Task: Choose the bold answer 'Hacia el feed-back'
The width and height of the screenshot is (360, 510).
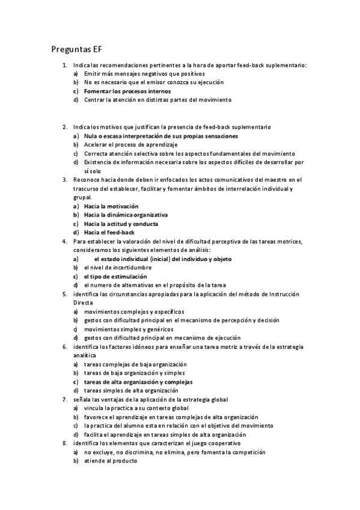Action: point(109,232)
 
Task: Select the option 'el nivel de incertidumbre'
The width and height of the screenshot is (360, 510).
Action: point(118,267)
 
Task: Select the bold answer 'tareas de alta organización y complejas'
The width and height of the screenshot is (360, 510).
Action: point(138,382)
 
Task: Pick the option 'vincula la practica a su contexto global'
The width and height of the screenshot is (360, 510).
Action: point(136,408)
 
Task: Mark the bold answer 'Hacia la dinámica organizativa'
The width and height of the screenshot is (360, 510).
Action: point(126,214)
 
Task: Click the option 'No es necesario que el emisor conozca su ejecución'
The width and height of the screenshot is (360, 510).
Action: point(154,82)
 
